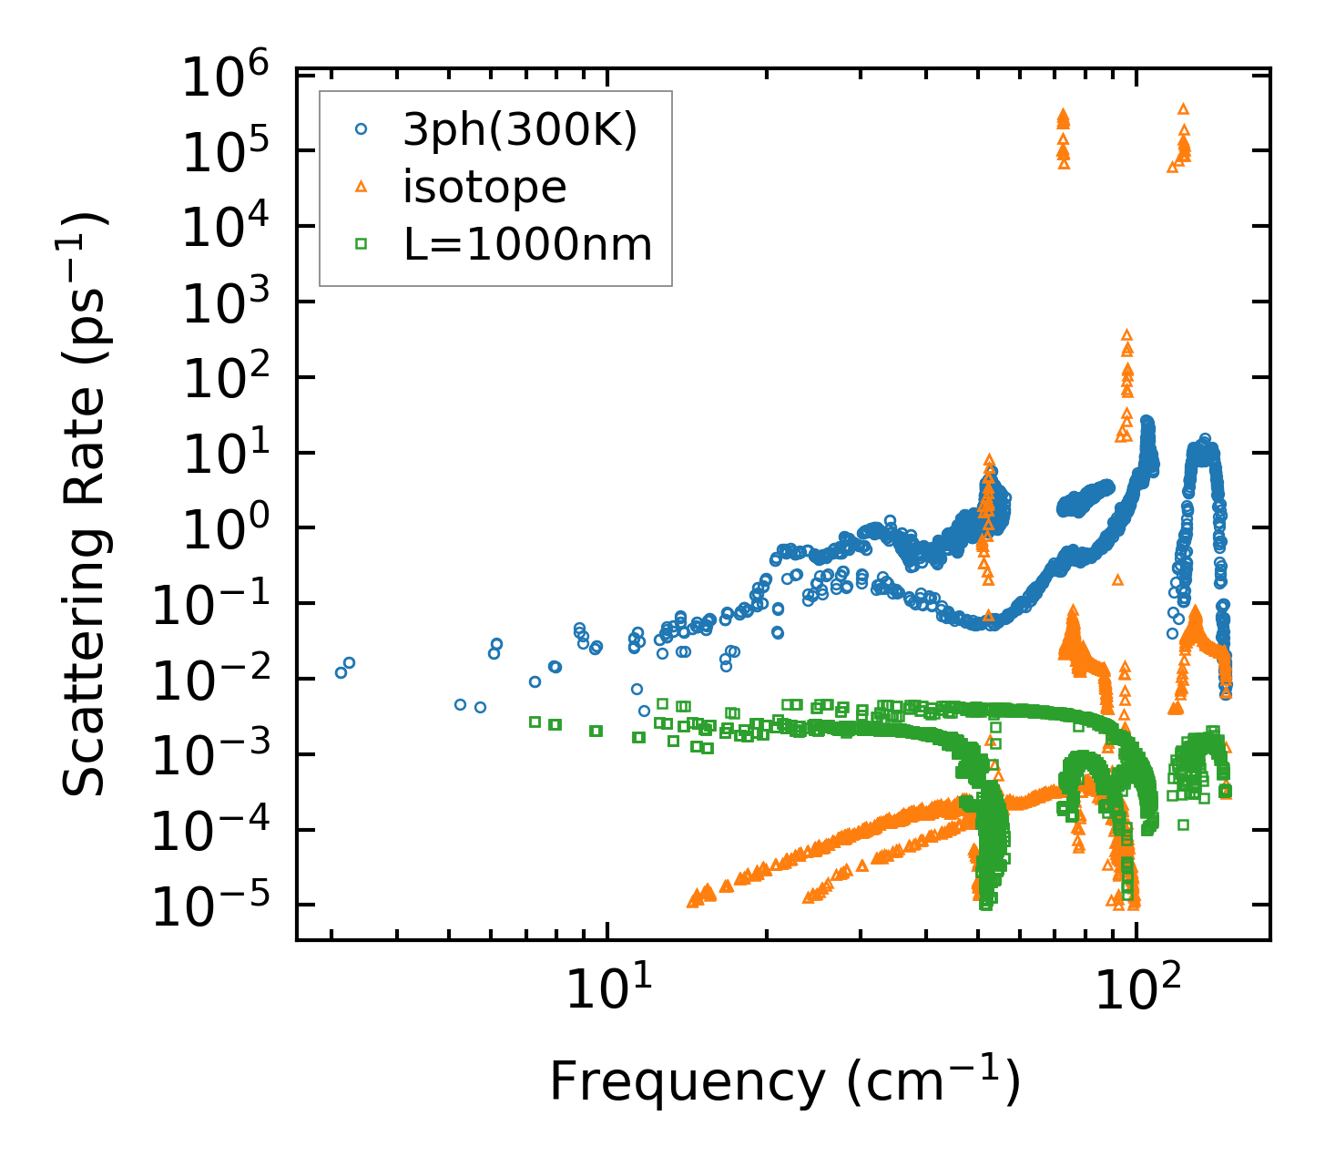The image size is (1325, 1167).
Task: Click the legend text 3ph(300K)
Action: pos(521,131)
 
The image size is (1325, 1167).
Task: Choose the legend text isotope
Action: pos(485,188)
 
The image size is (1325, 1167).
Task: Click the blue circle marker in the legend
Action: pos(361,130)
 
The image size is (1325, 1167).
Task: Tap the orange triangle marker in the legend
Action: pos(361,187)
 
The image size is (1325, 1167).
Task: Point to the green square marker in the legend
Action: pos(361,244)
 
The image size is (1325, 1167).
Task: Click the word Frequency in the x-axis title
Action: pos(687,1083)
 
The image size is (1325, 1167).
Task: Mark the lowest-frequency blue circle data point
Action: pos(341,672)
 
